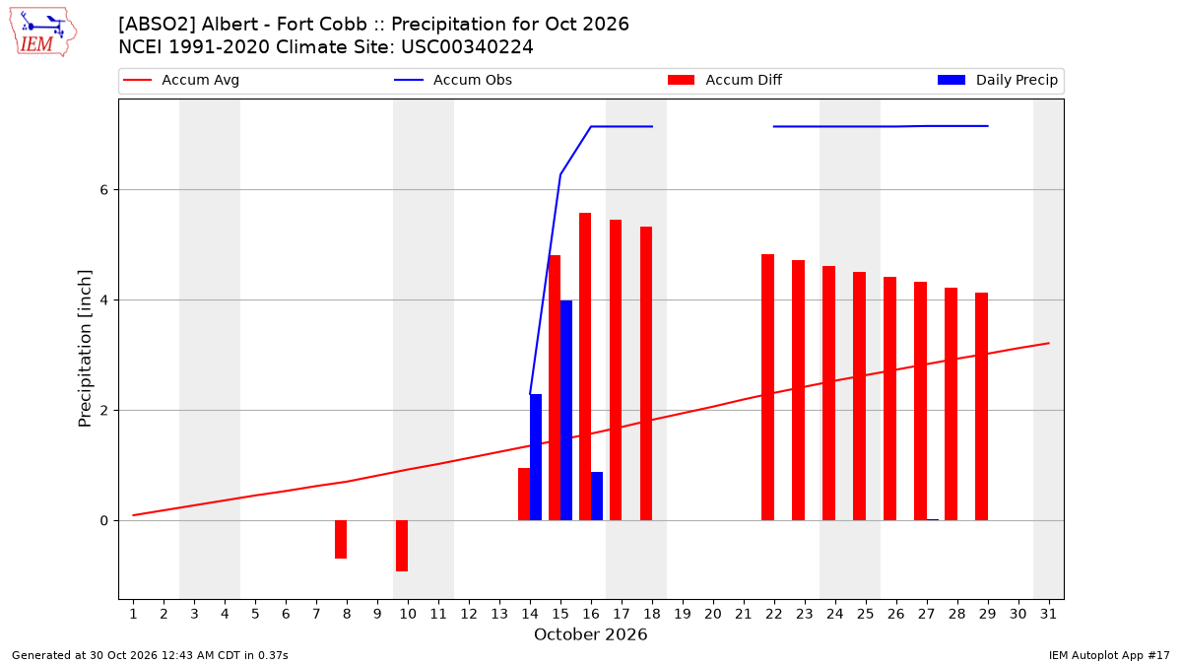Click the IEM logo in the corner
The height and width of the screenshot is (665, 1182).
[43, 33]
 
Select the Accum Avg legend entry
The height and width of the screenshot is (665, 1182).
[181, 80]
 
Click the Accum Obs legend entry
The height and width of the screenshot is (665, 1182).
[453, 80]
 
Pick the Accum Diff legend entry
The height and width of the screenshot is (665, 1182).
[725, 80]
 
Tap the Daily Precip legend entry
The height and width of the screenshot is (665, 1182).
[997, 80]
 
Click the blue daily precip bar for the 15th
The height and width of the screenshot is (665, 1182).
[566, 410]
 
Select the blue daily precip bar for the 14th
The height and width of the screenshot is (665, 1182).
[536, 457]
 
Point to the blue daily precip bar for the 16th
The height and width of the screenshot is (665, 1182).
[597, 497]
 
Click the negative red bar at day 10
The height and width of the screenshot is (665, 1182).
[402, 546]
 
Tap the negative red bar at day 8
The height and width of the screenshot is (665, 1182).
[341, 540]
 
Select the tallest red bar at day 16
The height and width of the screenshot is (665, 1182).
[585, 366]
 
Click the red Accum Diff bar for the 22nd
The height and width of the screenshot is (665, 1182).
[767, 387]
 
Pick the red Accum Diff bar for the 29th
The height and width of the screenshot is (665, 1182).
[981, 406]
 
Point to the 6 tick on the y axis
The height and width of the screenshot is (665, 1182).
[104, 189]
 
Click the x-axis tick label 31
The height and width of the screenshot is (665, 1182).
[1048, 614]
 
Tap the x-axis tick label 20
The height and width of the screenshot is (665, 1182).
[713, 614]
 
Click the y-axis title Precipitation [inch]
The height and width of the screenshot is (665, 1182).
[85, 349]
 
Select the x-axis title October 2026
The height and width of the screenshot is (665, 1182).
[590, 634]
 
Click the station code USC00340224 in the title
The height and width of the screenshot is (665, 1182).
[467, 47]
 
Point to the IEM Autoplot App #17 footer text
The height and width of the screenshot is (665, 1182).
[1109, 655]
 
